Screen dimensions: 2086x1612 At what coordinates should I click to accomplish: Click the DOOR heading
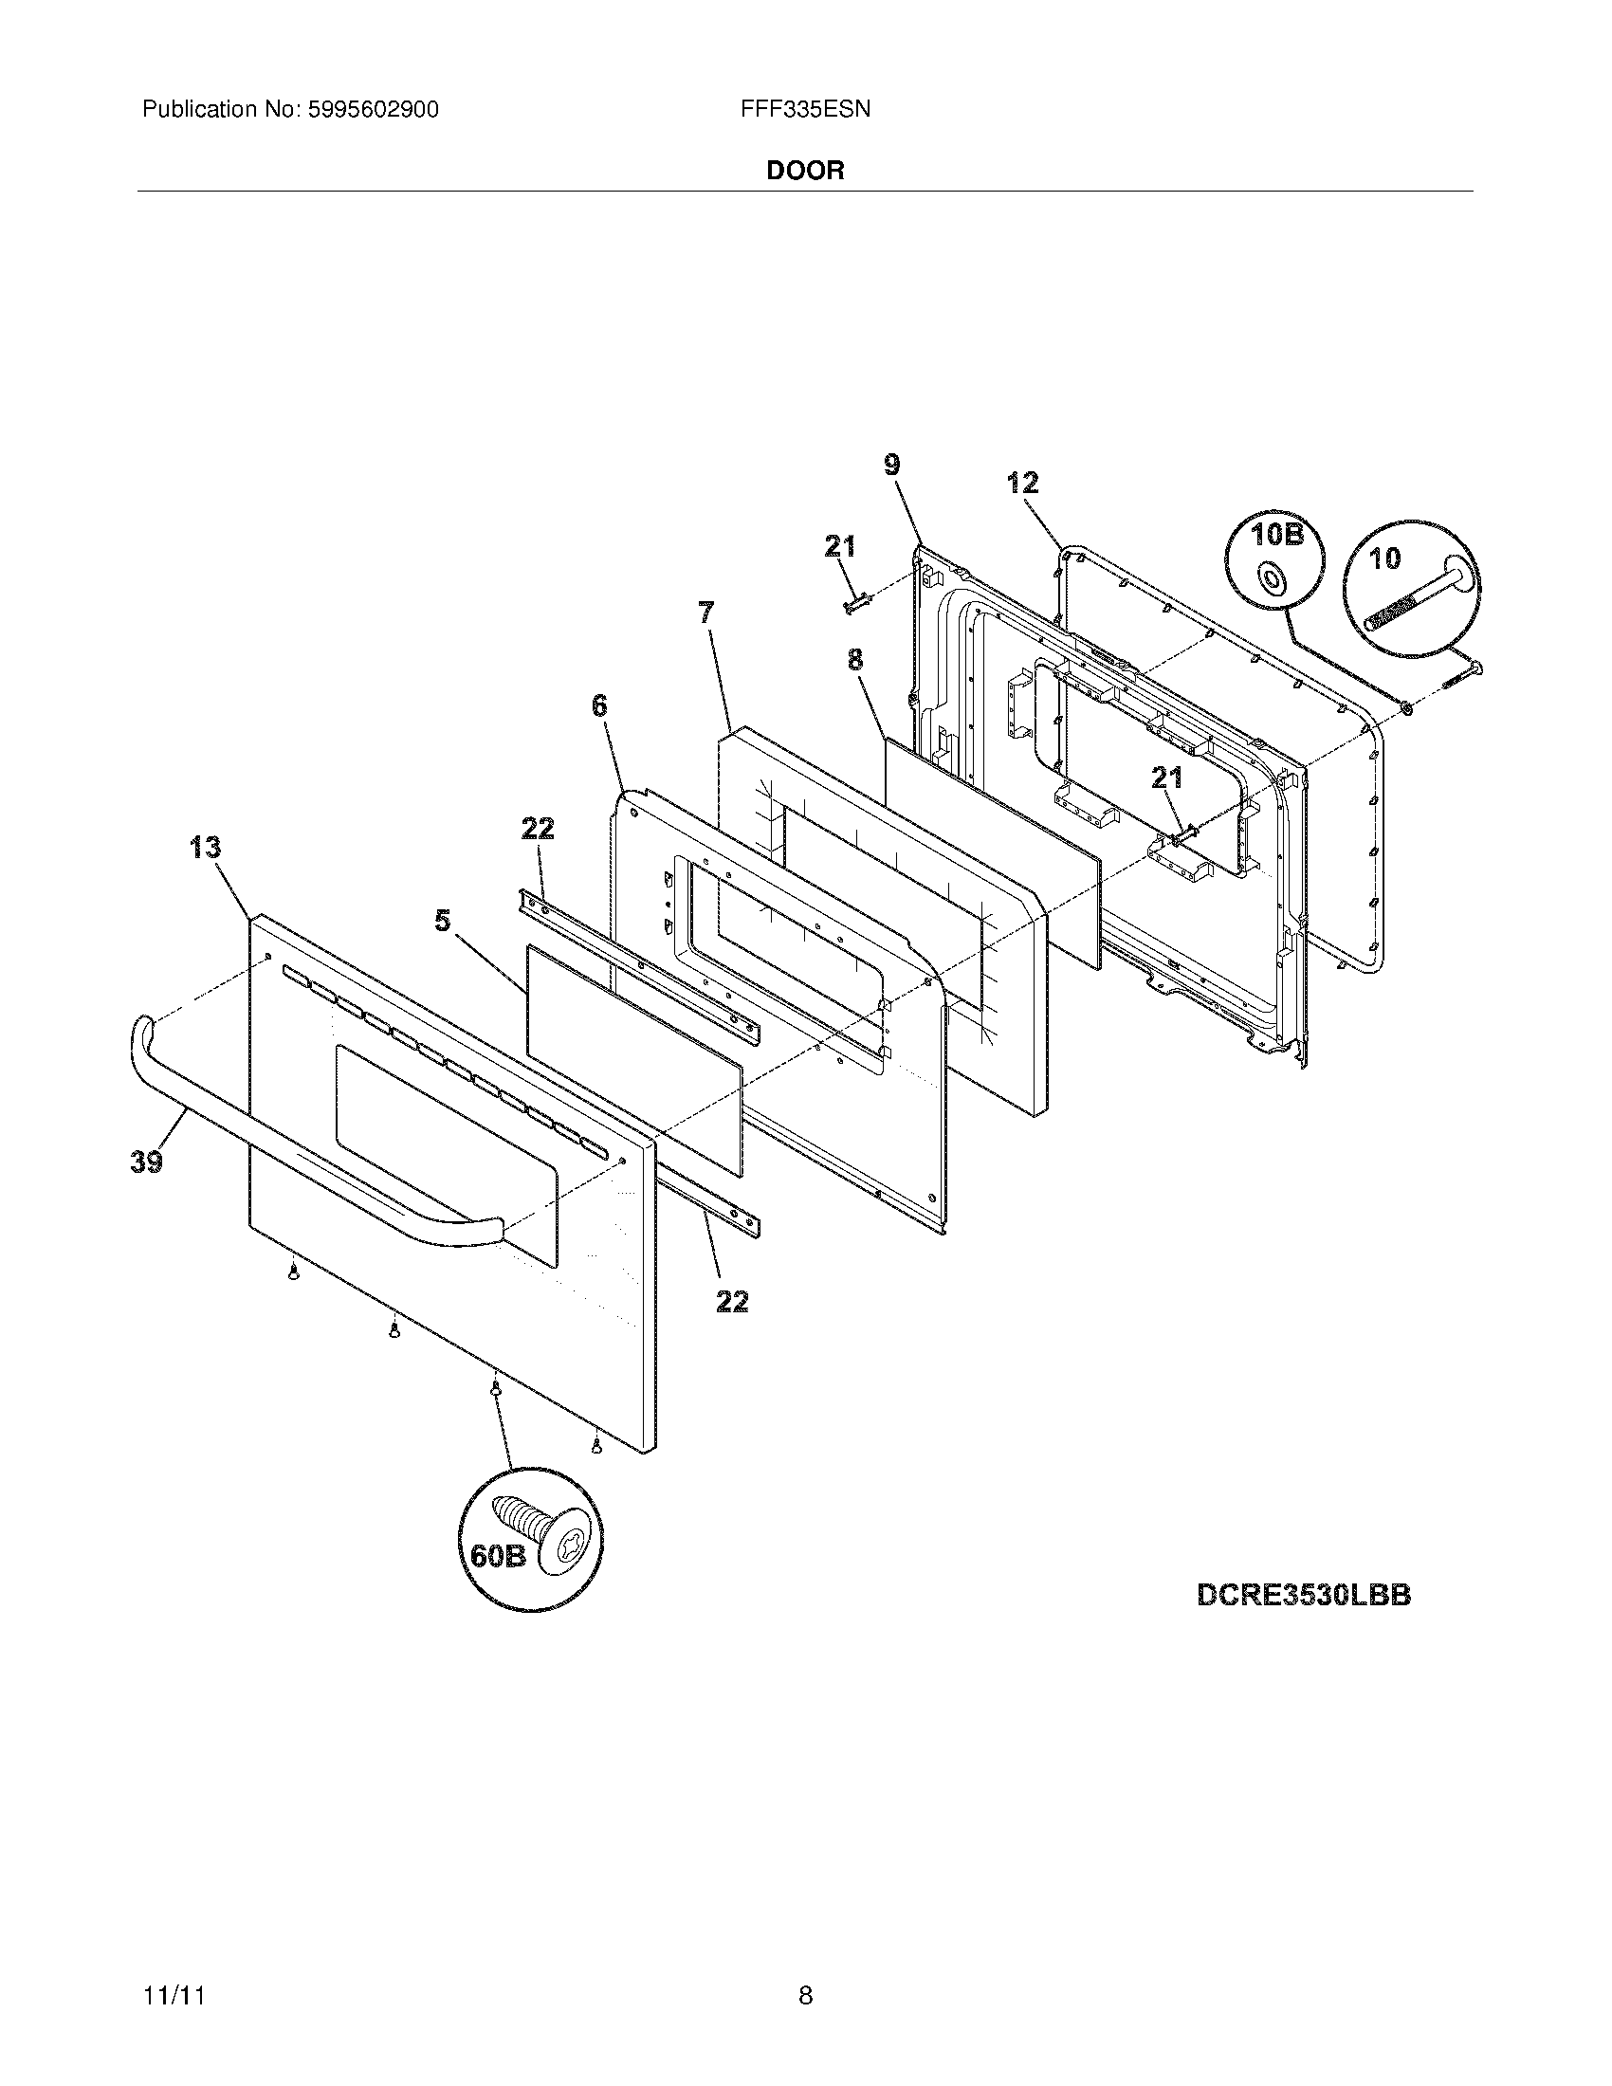[x=805, y=171]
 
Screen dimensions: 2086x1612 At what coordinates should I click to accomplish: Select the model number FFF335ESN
[x=805, y=110]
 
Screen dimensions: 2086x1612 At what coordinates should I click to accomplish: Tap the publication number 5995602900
[x=373, y=110]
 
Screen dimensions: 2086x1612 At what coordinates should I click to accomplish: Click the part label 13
[x=206, y=847]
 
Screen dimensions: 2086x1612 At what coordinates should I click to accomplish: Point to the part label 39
[x=146, y=1162]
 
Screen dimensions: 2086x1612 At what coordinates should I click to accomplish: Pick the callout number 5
[x=442, y=921]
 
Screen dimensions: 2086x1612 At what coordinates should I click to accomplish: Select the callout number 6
[x=598, y=705]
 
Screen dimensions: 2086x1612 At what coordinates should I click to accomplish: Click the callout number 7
[x=705, y=613]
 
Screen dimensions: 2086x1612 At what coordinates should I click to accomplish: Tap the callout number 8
[x=854, y=659]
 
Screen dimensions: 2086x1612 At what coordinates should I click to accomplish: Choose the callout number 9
[x=891, y=466]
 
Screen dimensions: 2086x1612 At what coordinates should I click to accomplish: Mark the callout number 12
[x=1022, y=484]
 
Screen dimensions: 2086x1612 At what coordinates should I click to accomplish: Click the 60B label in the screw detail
[x=498, y=1556]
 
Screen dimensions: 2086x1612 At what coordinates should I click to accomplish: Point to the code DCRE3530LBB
[x=1304, y=1595]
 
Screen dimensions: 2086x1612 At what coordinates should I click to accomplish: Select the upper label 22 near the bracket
[x=538, y=829]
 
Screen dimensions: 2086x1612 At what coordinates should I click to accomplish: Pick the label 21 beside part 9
[x=840, y=546]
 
